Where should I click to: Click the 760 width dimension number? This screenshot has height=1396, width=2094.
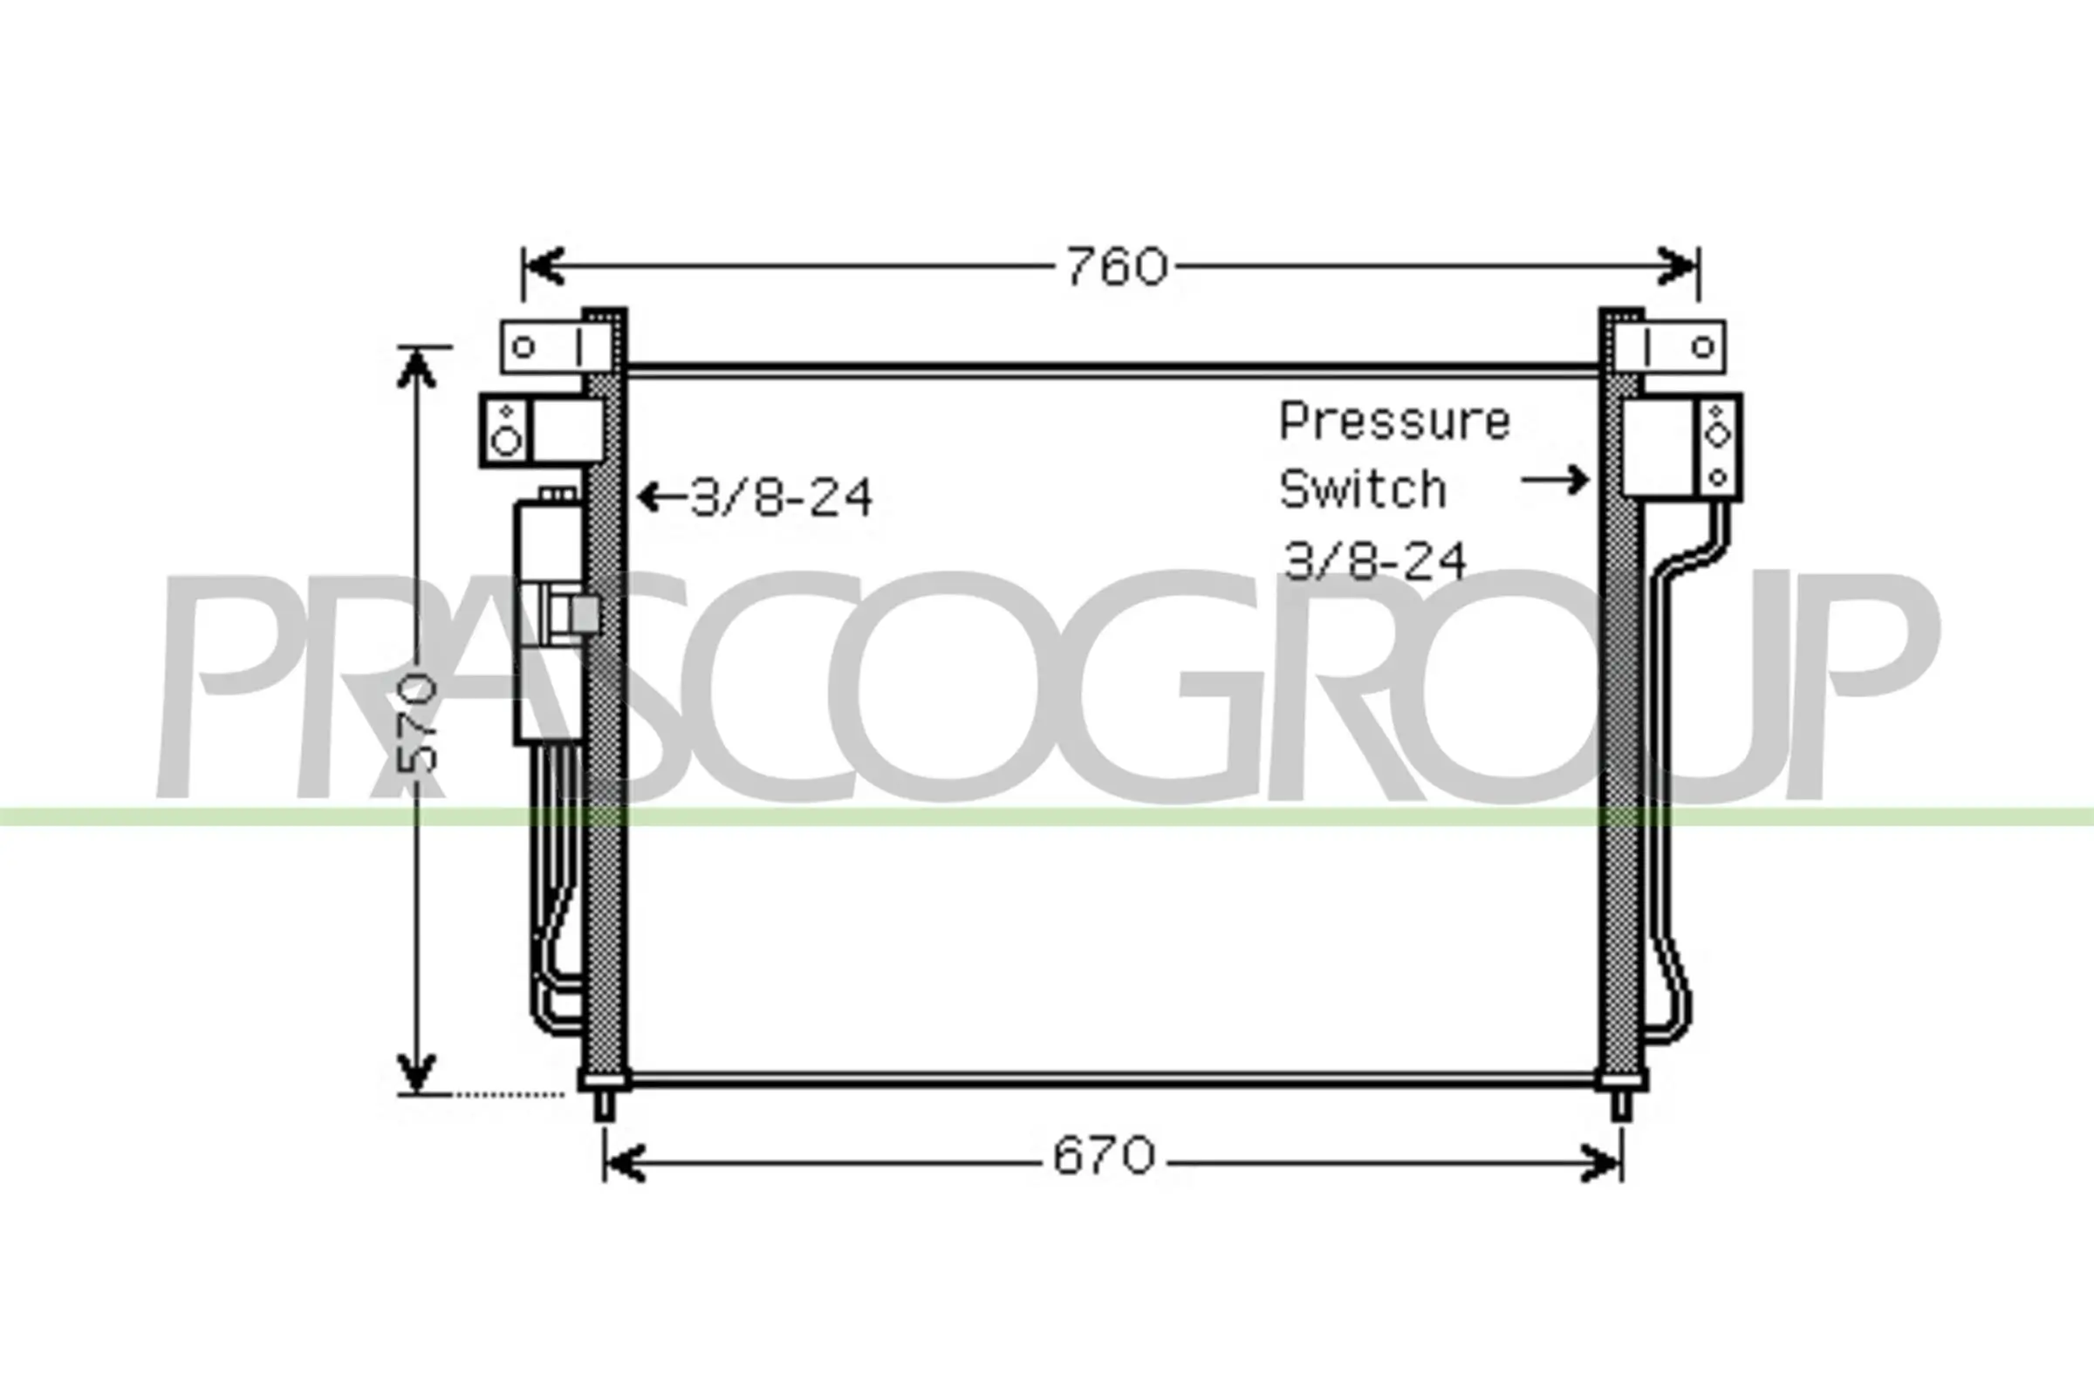tap(1118, 266)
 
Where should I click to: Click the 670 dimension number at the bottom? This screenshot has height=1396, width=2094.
tap(1104, 1157)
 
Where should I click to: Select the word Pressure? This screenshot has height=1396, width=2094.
tap(1395, 422)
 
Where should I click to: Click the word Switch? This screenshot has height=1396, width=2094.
tap(1362, 489)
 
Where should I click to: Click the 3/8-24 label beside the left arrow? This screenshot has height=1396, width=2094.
tap(782, 497)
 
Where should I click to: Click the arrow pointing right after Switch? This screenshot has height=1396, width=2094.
tap(1555, 480)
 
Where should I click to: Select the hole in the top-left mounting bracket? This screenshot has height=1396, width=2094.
tap(524, 346)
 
